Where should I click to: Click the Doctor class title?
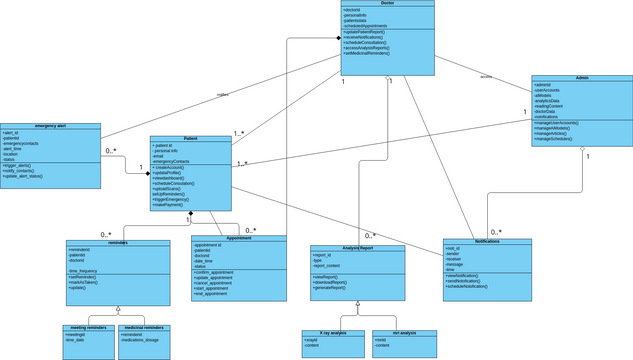(x=387, y=4)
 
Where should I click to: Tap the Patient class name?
(x=190, y=139)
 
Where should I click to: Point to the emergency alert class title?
(x=50, y=126)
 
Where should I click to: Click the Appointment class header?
(x=239, y=238)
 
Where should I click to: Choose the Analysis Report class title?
(x=357, y=248)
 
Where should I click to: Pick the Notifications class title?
(x=487, y=241)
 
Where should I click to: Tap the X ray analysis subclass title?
(x=331, y=332)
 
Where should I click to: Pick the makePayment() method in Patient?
(x=171, y=204)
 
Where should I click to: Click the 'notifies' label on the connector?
(x=223, y=95)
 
